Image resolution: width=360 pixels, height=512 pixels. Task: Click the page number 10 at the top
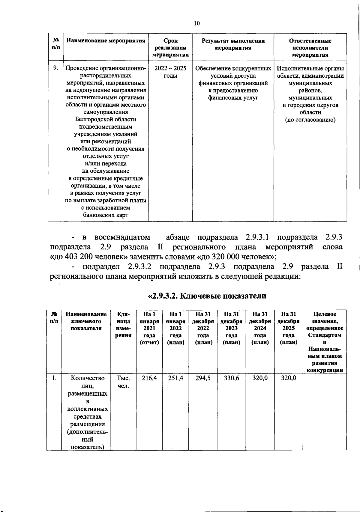tap(197, 24)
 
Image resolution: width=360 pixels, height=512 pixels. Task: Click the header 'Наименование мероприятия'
tap(106, 41)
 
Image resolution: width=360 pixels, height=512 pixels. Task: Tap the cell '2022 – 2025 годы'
tap(170, 72)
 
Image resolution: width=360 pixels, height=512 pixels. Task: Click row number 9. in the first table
tap(55, 68)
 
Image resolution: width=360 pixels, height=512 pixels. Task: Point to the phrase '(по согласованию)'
tap(310, 120)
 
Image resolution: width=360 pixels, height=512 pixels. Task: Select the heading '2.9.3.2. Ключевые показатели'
tap(207, 296)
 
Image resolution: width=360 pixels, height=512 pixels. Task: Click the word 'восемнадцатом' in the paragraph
tap(122, 237)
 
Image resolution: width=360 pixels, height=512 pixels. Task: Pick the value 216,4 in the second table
tap(149, 378)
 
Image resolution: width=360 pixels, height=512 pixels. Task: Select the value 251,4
tap(175, 378)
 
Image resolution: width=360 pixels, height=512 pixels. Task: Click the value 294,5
tap(203, 378)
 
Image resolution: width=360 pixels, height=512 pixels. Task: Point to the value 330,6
tap(231, 378)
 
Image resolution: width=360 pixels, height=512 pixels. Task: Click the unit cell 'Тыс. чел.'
tap(123, 382)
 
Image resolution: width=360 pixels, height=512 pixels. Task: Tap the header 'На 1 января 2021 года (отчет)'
tap(149, 328)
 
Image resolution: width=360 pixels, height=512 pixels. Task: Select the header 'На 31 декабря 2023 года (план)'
tap(231, 328)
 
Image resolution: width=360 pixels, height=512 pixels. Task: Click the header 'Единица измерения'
tap(123, 325)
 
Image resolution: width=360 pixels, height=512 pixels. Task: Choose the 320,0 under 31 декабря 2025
tap(288, 378)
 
